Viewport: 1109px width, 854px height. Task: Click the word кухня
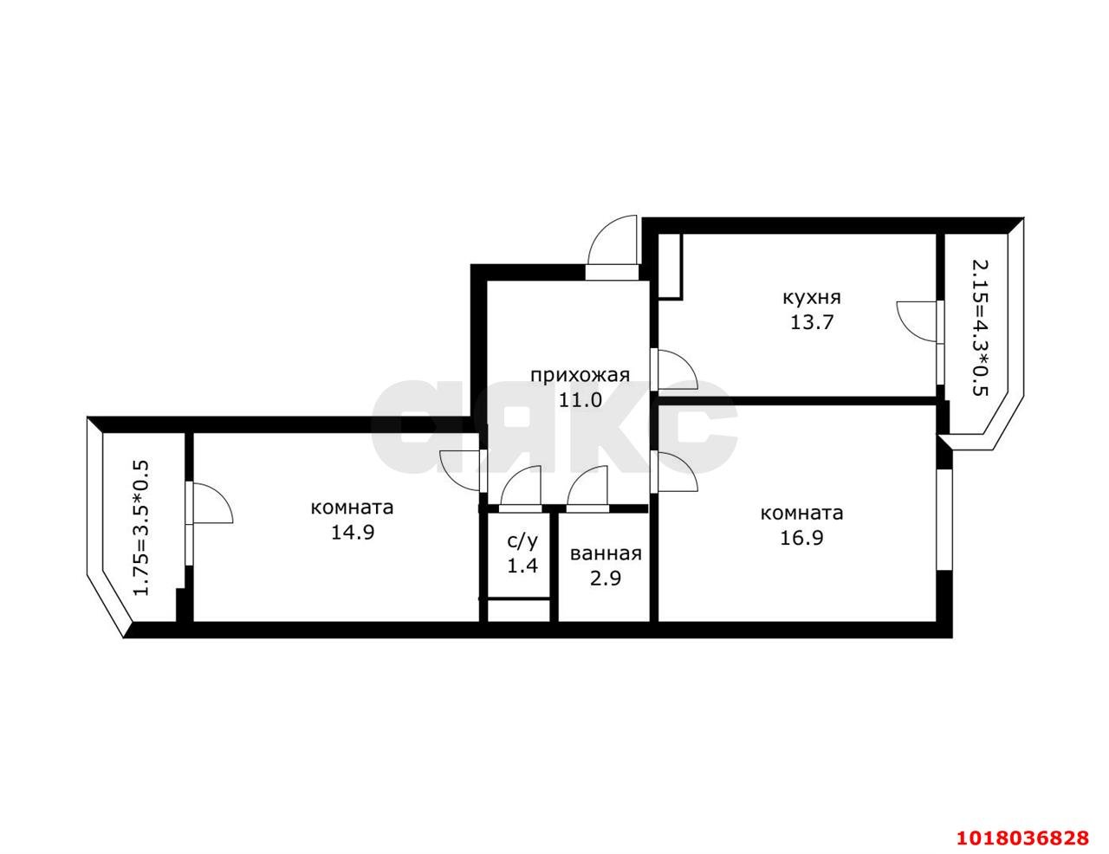point(812,297)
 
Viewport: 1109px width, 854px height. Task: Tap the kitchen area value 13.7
point(812,322)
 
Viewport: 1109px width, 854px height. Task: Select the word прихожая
point(580,376)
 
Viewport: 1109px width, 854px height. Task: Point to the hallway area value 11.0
point(580,400)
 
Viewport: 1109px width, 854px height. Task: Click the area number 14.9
point(353,533)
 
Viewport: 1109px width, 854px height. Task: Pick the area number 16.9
point(801,538)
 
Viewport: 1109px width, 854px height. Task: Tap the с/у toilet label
point(522,541)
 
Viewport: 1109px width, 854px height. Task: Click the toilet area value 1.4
point(522,566)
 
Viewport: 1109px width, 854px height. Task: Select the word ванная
point(606,554)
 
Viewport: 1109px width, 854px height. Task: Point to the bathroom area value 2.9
point(606,579)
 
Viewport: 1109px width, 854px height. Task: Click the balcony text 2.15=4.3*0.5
point(979,328)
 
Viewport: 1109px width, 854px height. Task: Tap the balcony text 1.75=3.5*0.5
point(141,528)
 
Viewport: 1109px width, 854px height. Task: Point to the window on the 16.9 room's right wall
point(944,520)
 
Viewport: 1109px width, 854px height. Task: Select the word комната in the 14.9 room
point(352,508)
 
